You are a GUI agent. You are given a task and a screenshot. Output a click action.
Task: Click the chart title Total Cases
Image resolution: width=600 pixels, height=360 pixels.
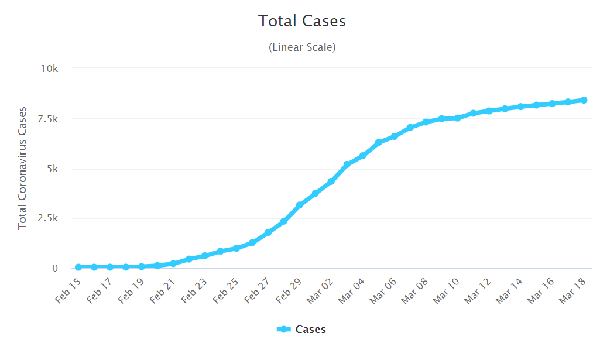tap(302, 21)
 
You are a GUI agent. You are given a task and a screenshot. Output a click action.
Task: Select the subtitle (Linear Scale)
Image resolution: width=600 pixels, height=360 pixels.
tap(302, 47)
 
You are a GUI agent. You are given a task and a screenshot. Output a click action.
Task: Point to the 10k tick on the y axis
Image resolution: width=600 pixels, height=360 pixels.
tap(49, 68)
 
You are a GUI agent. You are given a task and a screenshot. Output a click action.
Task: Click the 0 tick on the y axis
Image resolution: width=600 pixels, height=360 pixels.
tap(55, 268)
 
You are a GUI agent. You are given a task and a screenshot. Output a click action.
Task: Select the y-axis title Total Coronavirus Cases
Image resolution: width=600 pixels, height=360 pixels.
tap(23, 168)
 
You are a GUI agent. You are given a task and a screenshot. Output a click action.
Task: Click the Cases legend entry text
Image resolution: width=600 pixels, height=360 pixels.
tap(310, 330)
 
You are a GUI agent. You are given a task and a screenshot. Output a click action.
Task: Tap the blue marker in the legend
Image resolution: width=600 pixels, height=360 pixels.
tap(284, 330)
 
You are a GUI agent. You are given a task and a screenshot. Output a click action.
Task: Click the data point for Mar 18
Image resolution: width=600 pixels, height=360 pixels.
tap(584, 100)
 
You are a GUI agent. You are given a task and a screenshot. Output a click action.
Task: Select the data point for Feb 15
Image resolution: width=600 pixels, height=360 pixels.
tap(78, 267)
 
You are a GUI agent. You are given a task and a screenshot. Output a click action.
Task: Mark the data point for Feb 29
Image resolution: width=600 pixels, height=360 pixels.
tap(300, 205)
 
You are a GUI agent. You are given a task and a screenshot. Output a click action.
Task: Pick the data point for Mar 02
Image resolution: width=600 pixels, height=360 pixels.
tap(331, 181)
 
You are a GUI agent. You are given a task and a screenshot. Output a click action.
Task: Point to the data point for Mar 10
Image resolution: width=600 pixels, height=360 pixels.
tap(457, 118)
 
